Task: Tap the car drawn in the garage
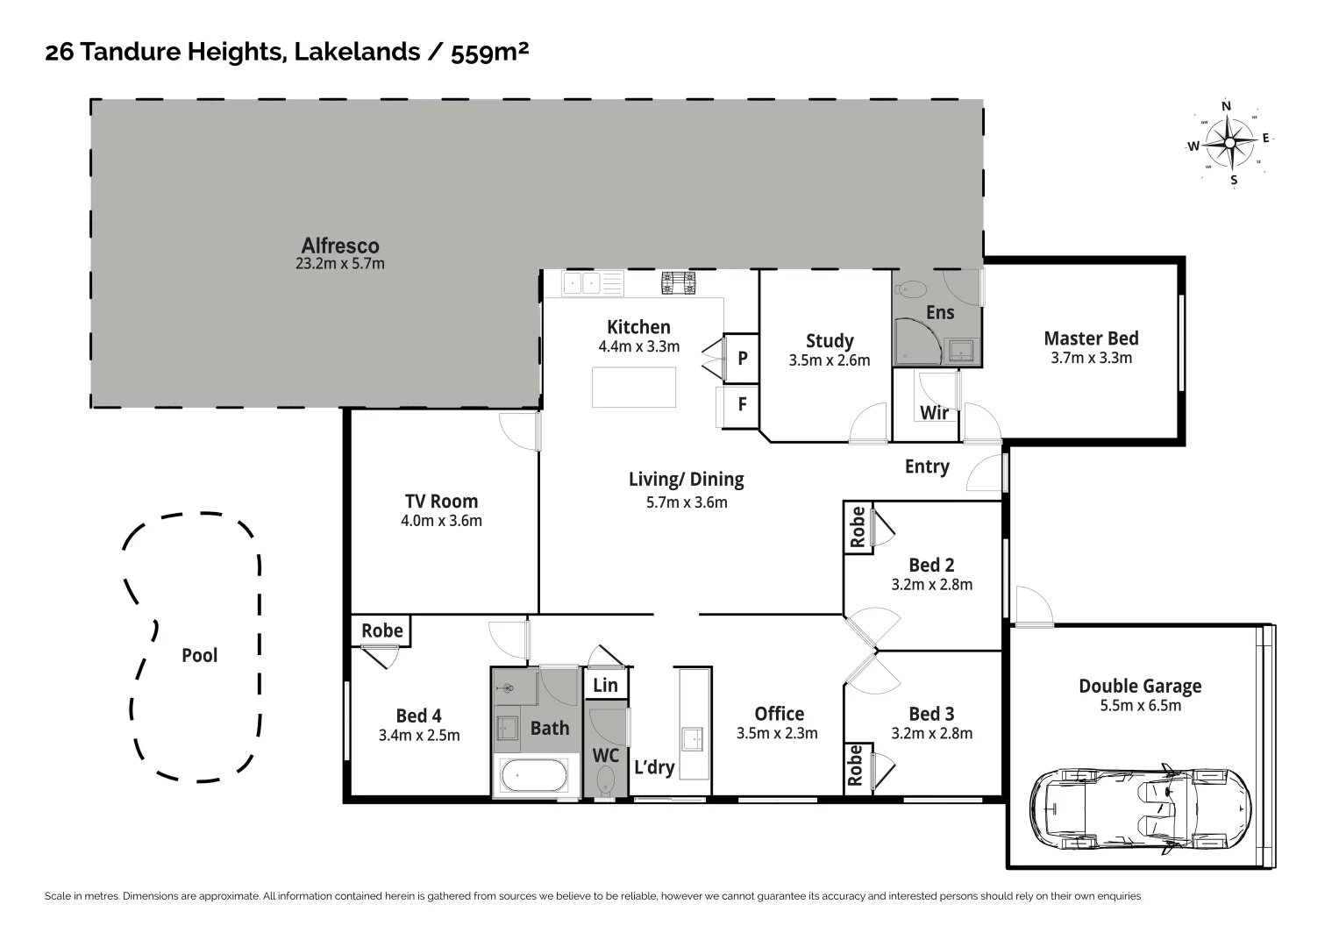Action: point(1140,810)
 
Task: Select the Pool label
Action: point(199,655)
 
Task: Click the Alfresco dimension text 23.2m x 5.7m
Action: point(340,263)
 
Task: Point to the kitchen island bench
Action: point(633,387)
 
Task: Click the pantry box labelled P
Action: point(742,358)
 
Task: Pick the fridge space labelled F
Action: point(742,404)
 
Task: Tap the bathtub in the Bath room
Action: point(534,777)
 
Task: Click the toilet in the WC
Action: point(606,781)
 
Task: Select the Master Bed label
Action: point(1091,338)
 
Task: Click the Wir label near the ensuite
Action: point(934,412)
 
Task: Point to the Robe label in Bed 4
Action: point(382,630)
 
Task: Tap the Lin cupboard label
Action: point(605,685)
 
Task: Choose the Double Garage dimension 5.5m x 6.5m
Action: point(1140,706)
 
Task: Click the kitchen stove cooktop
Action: point(678,282)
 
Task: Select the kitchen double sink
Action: point(581,283)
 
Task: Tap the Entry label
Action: point(927,466)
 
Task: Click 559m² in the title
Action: point(489,53)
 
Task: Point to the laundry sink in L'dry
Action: point(694,738)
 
